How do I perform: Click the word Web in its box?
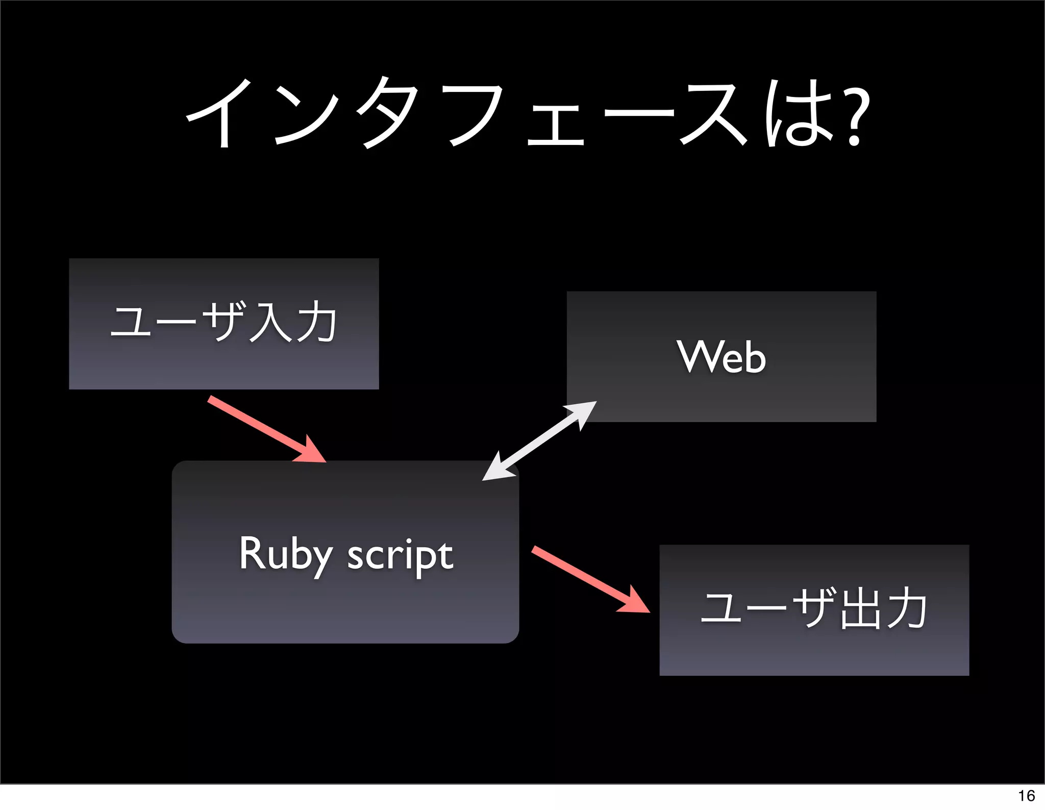(x=721, y=357)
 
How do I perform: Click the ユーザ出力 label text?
(x=814, y=609)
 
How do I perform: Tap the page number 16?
(x=1026, y=796)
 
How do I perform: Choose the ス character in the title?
(x=712, y=115)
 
